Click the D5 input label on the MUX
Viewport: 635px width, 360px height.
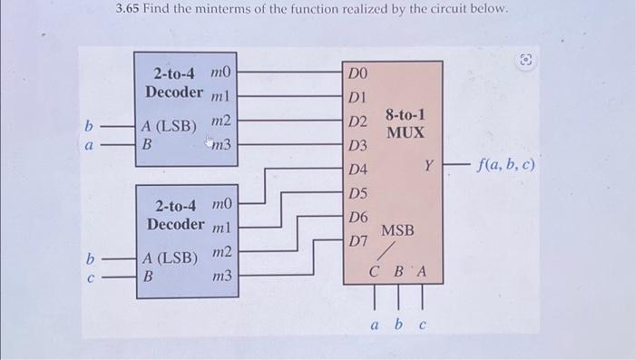[x=357, y=193]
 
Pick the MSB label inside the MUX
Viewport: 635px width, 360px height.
[x=397, y=231]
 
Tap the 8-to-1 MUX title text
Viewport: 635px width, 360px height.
[x=405, y=124]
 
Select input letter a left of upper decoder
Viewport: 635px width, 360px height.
[x=88, y=143]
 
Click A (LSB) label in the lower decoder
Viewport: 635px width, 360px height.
[x=168, y=257]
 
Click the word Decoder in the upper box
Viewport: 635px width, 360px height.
[x=173, y=92]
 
